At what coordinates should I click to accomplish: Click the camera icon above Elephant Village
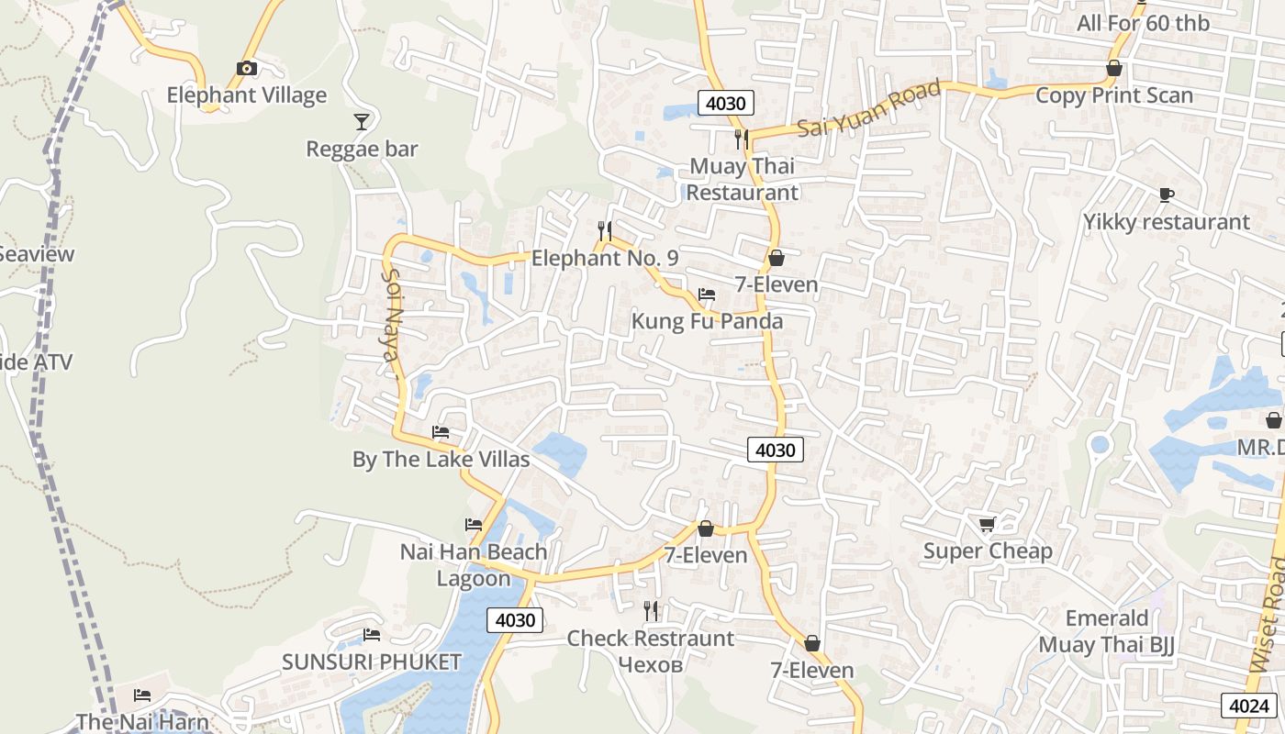tap(246, 68)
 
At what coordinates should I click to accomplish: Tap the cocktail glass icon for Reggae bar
tap(362, 121)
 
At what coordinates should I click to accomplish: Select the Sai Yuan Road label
tap(868, 109)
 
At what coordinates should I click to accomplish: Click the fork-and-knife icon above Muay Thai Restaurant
tap(742, 139)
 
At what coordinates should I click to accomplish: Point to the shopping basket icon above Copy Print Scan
tap(1114, 69)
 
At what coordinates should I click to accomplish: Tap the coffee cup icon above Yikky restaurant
tap(1166, 195)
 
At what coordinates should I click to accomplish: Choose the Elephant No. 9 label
tap(605, 259)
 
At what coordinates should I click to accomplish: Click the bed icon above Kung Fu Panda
tap(707, 295)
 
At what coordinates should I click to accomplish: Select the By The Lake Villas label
tap(441, 460)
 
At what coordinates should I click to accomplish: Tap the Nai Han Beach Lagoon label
tap(474, 565)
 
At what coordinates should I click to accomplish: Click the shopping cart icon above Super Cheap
tap(987, 524)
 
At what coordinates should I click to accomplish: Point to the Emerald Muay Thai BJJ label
tap(1106, 631)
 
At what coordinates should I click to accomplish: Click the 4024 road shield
tap(1249, 706)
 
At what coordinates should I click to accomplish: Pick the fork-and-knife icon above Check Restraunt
tap(651, 610)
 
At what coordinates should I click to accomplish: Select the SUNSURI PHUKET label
tap(371, 662)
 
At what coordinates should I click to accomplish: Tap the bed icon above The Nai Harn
tap(142, 695)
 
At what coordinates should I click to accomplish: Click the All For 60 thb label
tap(1143, 23)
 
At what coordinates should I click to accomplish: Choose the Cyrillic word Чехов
tap(651, 664)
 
